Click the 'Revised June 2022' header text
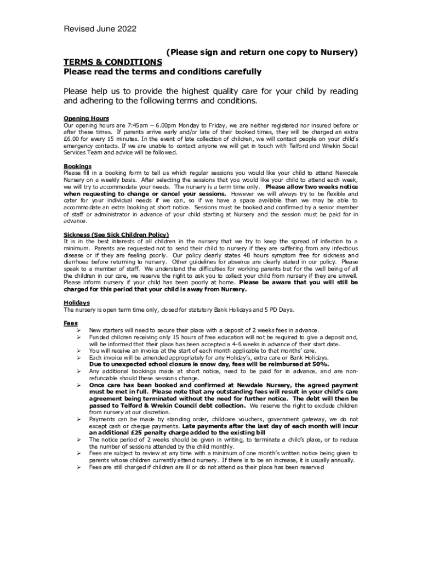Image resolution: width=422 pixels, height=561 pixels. (100, 29)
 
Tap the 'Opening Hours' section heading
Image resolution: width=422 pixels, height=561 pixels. (86, 118)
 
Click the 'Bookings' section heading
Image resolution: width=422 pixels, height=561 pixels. (77, 166)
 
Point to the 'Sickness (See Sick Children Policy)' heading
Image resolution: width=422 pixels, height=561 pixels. (116, 234)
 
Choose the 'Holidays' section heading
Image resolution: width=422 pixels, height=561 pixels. (77, 303)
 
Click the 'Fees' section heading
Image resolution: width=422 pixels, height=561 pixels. (71, 323)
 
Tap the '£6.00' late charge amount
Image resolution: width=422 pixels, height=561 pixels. (72, 139)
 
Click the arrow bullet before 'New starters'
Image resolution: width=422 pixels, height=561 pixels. (79, 330)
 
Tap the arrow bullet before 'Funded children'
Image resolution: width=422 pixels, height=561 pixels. (79, 337)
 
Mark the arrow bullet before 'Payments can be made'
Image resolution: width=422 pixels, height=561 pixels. (79, 419)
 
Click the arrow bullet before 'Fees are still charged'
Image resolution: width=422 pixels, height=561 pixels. (79, 460)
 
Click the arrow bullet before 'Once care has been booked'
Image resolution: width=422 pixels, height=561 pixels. (79, 385)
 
